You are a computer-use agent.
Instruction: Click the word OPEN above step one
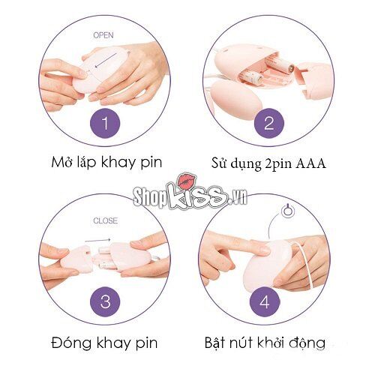[x=103, y=34]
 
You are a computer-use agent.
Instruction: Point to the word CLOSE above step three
[x=106, y=220]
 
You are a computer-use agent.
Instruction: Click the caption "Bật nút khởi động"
[x=265, y=343]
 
